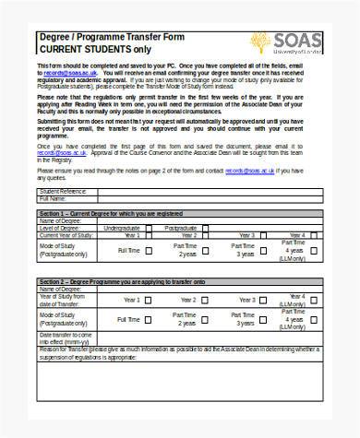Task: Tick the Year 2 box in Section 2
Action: click(203, 299)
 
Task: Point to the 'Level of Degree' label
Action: click(61, 227)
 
